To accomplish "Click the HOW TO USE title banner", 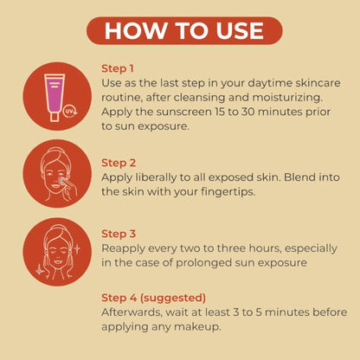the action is pos(184,30).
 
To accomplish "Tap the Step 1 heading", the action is pos(118,68).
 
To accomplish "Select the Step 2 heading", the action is pos(119,163).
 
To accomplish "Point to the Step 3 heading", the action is pos(119,234).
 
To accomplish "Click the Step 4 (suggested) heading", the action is pos(153,298).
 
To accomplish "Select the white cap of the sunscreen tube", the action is pos(55,117).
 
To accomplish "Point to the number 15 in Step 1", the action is pos(220,112).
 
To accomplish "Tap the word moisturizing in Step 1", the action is pos(287,98).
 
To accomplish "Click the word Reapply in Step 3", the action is pos(124,249).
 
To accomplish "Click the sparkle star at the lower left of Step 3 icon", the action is pos(40,270).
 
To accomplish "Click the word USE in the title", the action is pos(240,30).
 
